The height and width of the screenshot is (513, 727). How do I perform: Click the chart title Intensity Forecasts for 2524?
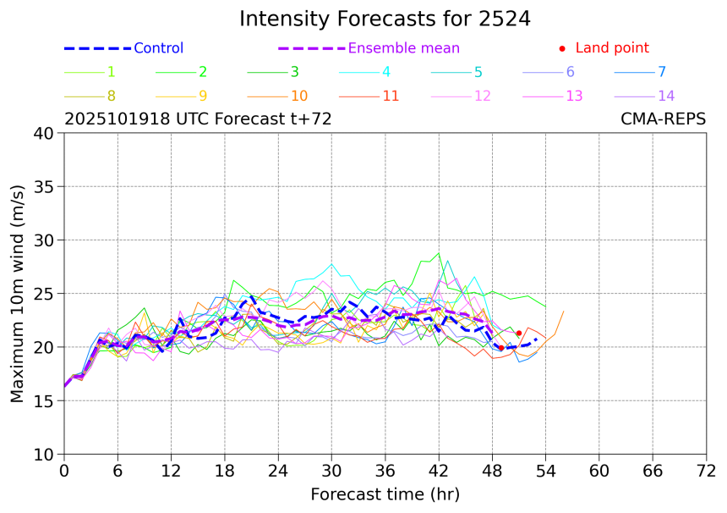tap(385, 19)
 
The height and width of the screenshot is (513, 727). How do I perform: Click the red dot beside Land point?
tap(562, 48)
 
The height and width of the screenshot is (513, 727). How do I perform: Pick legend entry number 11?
tap(391, 96)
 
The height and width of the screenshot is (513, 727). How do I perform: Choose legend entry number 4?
tap(385, 72)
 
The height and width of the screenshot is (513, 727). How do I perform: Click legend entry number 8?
tap(112, 96)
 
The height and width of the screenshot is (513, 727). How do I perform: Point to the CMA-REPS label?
tap(663, 119)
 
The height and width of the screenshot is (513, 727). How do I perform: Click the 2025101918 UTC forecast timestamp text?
tap(198, 119)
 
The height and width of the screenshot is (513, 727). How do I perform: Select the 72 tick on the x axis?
tap(706, 470)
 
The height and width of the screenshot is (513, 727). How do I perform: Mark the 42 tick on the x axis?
tap(438, 470)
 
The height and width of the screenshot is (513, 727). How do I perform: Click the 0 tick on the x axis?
tap(63, 470)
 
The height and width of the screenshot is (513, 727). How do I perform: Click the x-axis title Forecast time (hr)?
tap(385, 494)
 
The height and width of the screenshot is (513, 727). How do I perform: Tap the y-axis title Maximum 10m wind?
tap(18, 294)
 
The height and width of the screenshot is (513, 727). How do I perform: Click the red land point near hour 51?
tap(519, 334)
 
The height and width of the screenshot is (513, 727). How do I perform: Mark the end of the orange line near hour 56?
tap(564, 312)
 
